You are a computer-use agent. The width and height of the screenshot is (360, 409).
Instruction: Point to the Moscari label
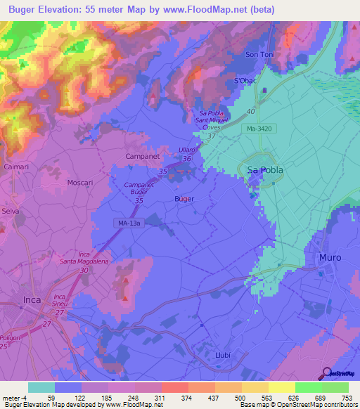pyautogui.click(x=79, y=182)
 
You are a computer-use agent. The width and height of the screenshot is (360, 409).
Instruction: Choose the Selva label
pyautogui.click(x=10, y=211)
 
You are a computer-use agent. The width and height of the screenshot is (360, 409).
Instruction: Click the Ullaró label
pyautogui.click(x=188, y=151)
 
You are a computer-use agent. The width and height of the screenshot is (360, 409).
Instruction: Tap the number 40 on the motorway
pyautogui.click(x=250, y=110)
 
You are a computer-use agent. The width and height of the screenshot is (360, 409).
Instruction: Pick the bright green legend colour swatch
pyautogui.click(x=308, y=387)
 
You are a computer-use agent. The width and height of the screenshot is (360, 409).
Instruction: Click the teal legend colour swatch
pyautogui.click(x=41, y=387)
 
